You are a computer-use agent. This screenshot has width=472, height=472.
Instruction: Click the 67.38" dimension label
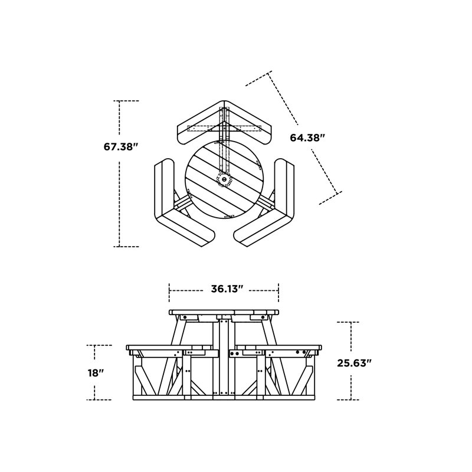point(121,147)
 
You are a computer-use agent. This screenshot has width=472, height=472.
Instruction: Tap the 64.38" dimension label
point(307,138)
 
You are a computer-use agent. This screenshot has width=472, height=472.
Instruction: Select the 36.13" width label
point(227,289)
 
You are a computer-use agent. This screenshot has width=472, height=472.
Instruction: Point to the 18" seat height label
point(96,373)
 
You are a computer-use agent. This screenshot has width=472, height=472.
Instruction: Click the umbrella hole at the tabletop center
point(224,179)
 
